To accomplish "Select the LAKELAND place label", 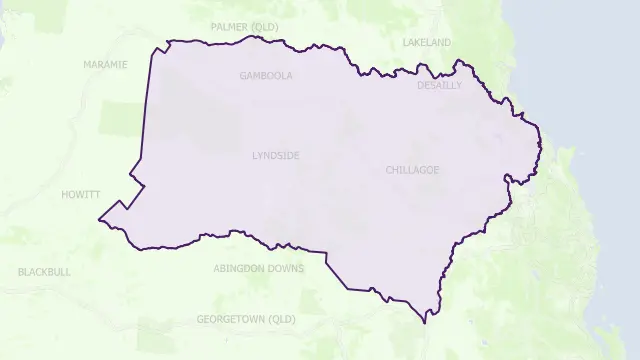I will [x=427, y=43].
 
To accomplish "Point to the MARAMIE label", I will [x=106, y=64].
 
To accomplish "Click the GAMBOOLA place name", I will [x=266, y=75].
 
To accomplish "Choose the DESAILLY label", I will [x=440, y=86].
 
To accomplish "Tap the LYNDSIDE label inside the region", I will [x=276, y=156].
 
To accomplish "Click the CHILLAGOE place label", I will [x=412, y=170].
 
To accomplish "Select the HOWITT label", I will [x=80, y=194].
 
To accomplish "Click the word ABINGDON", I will [x=240, y=268].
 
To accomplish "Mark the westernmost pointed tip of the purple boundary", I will [x=98, y=219].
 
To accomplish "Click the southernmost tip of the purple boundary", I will [x=426, y=322].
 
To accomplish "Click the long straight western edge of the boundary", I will [x=147, y=110].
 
